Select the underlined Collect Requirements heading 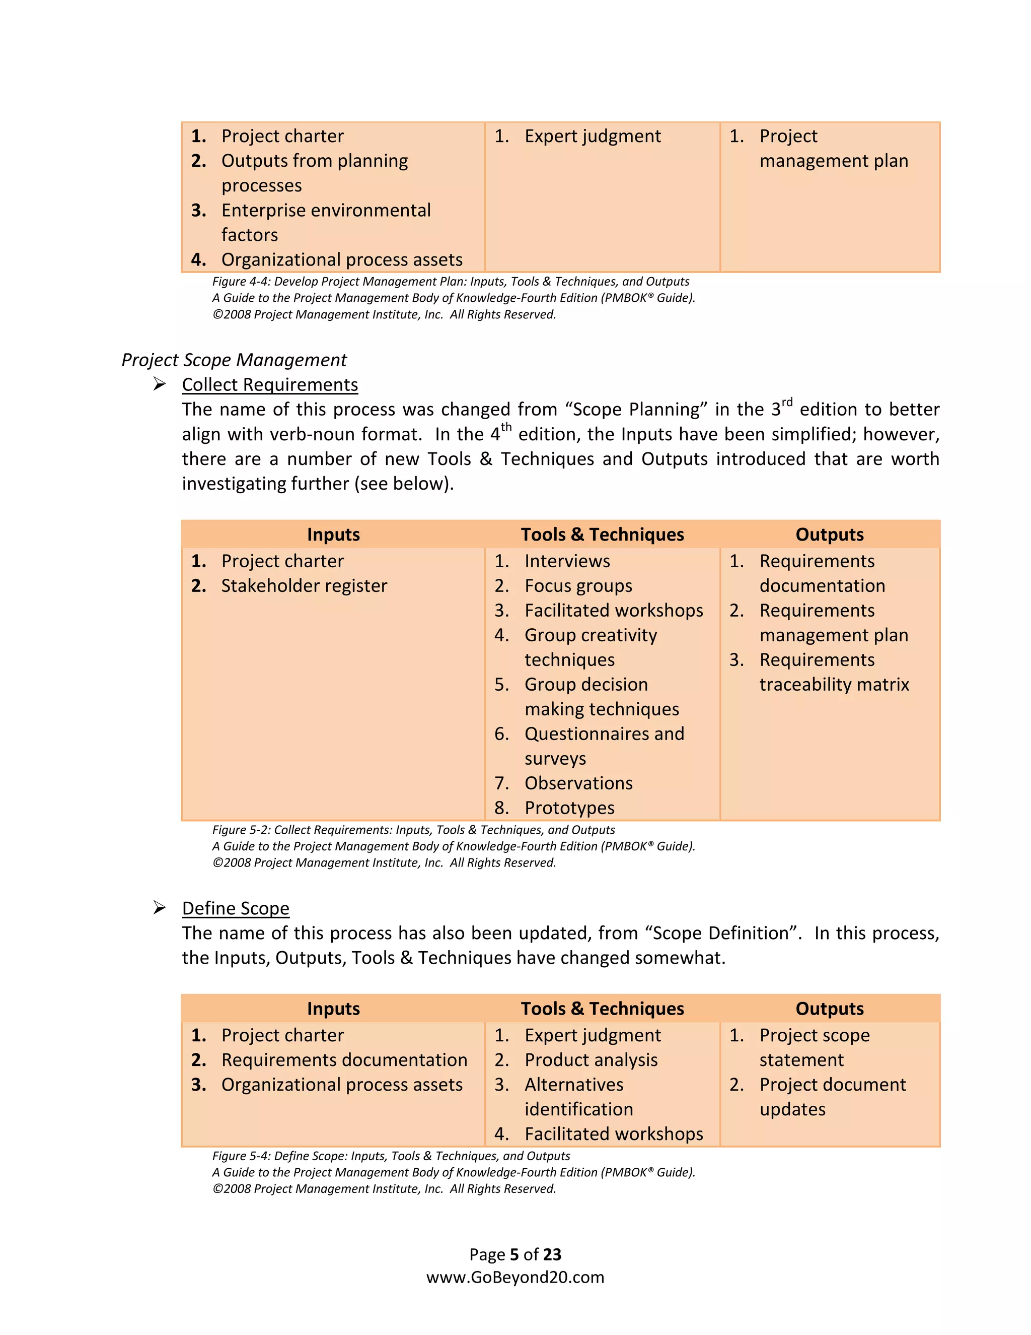click(269, 384)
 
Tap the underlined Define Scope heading click(235, 908)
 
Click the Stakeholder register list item click(304, 585)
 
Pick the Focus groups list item click(578, 585)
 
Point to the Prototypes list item click(569, 808)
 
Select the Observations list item click(578, 783)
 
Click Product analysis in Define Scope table click(591, 1059)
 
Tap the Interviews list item click(567, 561)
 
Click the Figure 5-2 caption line click(413, 830)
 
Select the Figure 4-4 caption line click(450, 281)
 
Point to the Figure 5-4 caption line click(391, 1155)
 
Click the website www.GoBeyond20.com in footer click(515, 1277)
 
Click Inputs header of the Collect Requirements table click(333, 534)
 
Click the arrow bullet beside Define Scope click(160, 907)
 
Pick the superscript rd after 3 click(787, 402)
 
